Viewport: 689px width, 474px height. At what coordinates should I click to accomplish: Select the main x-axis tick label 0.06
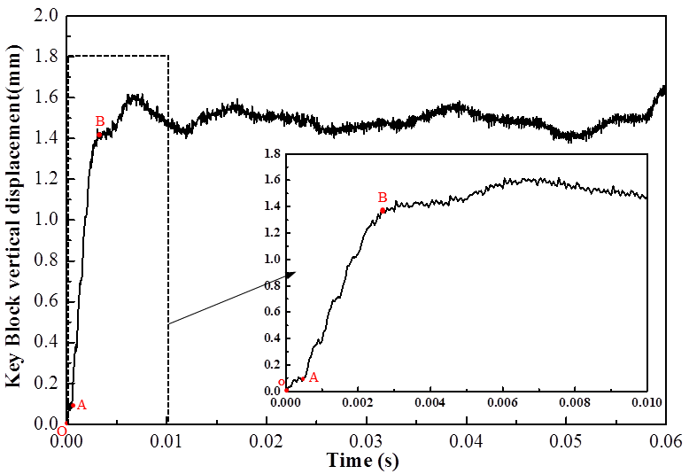pyautogui.click(x=666, y=440)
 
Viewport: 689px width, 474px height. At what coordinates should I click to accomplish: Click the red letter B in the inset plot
pyautogui.click(x=383, y=198)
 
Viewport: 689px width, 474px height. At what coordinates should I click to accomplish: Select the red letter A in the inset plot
pyautogui.click(x=313, y=377)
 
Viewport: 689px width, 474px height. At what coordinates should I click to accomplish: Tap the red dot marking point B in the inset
pyautogui.click(x=383, y=210)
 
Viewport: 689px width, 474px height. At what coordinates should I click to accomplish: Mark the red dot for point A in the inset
pyautogui.click(x=303, y=379)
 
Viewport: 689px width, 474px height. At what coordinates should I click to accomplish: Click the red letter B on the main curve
pyautogui.click(x=100, y=121)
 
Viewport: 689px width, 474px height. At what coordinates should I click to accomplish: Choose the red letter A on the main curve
pyautogui.click(x=81, y=405)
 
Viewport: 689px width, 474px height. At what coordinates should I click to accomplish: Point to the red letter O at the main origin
pyautogui.click(x=61, y=431)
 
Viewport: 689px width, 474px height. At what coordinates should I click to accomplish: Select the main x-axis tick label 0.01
pyautogui.click(x=167, y=440)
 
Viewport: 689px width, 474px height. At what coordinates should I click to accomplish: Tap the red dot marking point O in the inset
pyautogui.click(x=286, y=390)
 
